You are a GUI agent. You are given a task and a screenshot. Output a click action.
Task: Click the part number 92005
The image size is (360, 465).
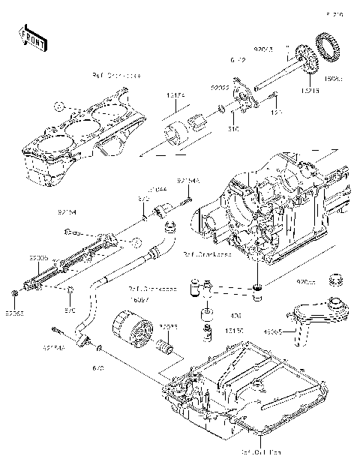point(39,257)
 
